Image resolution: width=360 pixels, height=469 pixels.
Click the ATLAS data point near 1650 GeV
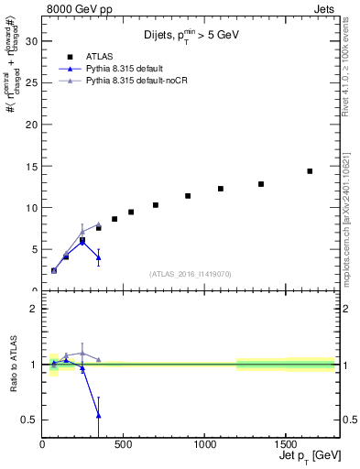[310, 171]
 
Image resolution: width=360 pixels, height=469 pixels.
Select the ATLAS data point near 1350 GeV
[261, 184]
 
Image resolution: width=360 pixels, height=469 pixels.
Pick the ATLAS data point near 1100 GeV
[221, 189]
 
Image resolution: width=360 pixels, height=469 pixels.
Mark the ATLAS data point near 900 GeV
[188, 196]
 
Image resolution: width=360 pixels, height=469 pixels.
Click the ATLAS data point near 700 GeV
[156, 205]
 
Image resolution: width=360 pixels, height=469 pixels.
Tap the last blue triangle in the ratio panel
[99, 416]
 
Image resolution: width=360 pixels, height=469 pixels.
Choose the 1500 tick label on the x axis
[285, 446]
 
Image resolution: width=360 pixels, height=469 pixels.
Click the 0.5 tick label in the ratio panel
[29, 420]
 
